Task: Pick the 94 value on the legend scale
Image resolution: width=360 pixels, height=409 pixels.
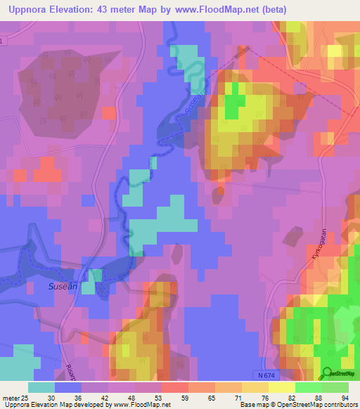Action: click(x=345, y=396)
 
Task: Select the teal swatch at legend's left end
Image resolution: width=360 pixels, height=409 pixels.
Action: click(x=41, y=387)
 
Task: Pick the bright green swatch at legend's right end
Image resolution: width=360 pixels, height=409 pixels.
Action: click(x=335, y=387)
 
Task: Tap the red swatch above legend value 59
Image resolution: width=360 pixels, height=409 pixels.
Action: click(x=175, y=387)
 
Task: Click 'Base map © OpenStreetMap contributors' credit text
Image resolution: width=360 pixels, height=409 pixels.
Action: click(x=299, y=404)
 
